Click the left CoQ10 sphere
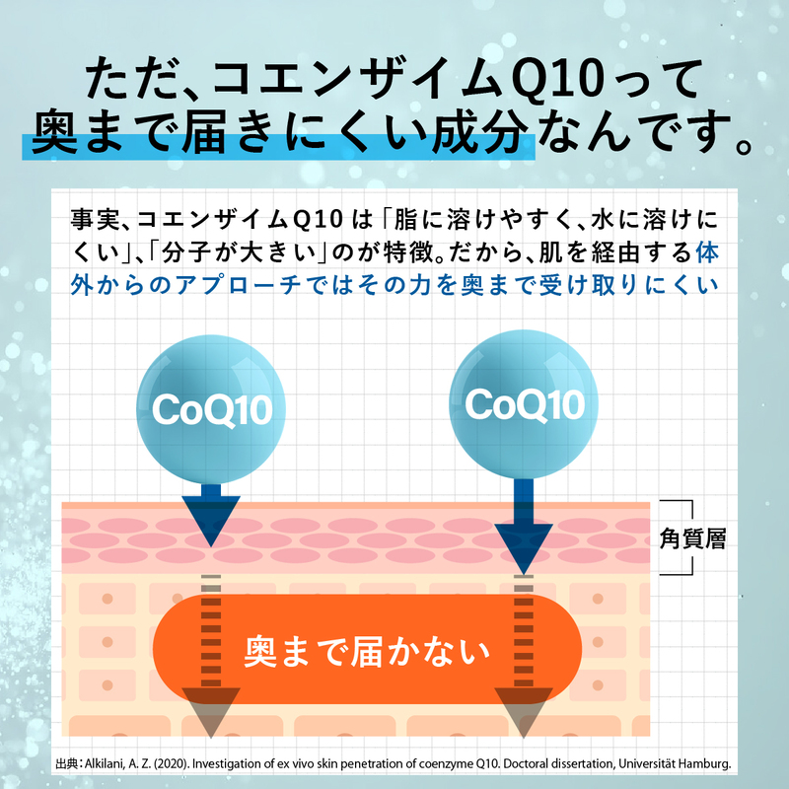211,409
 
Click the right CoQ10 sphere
524,404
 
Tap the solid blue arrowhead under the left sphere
211,521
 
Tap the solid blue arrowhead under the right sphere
524,548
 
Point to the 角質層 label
693,538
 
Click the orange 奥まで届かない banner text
367,652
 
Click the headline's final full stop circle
743,146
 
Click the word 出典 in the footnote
66,763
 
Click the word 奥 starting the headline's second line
54,133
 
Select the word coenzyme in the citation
446,764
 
